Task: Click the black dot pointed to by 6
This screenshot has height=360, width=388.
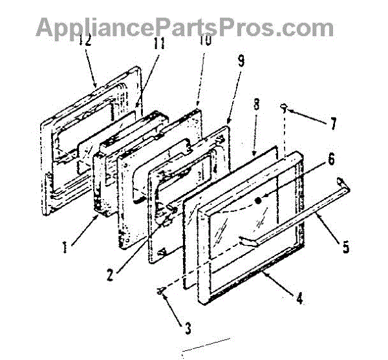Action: [259, 201]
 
